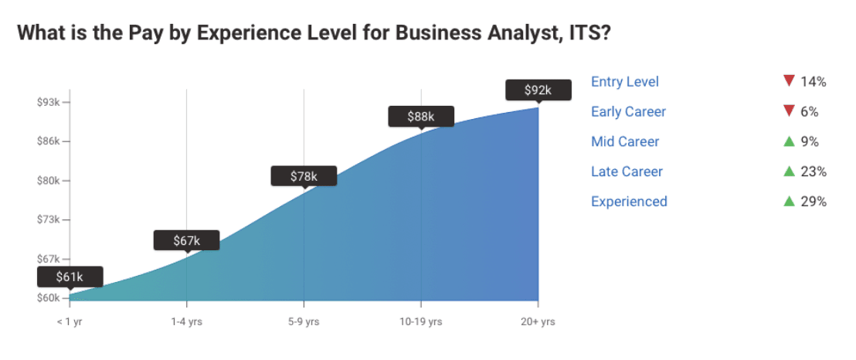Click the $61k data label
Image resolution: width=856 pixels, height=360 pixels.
(x=69, y=277)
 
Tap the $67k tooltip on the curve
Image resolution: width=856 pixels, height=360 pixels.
(x=186, y=240)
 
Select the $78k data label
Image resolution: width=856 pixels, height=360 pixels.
(x=304, y=176)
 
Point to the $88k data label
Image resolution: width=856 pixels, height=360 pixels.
(x=420, y=117)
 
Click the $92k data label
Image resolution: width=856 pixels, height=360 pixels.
(x=538, y=90)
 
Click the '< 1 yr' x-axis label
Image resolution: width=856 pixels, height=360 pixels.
(x=69, y=321)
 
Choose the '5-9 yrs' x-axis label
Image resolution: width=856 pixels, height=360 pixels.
(x=304, y=321)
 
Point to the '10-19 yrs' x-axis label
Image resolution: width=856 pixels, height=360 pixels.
(x=420, y=321)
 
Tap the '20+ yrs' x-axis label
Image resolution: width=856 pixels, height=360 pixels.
(x=538, y=321)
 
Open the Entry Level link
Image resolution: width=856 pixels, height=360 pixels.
(x=624, y=82)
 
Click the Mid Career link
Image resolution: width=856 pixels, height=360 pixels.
(x=624, y=141)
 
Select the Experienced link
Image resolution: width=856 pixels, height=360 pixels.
(x=629, y=202)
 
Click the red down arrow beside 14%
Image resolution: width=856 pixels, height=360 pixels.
(x=788, y=81)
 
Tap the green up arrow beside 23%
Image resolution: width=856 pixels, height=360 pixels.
(x=788, y=172)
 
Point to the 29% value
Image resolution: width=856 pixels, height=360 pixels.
(x=814, y=202)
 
